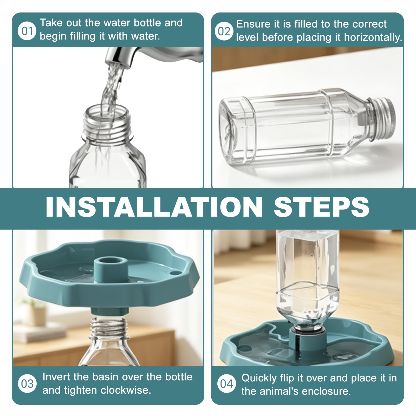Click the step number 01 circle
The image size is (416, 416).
27,31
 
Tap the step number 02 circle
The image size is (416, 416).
224,31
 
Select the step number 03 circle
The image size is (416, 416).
27,384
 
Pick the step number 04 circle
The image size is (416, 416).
226,384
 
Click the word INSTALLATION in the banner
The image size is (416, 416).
154,207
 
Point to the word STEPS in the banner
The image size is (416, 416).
321,207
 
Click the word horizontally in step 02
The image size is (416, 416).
373,37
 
